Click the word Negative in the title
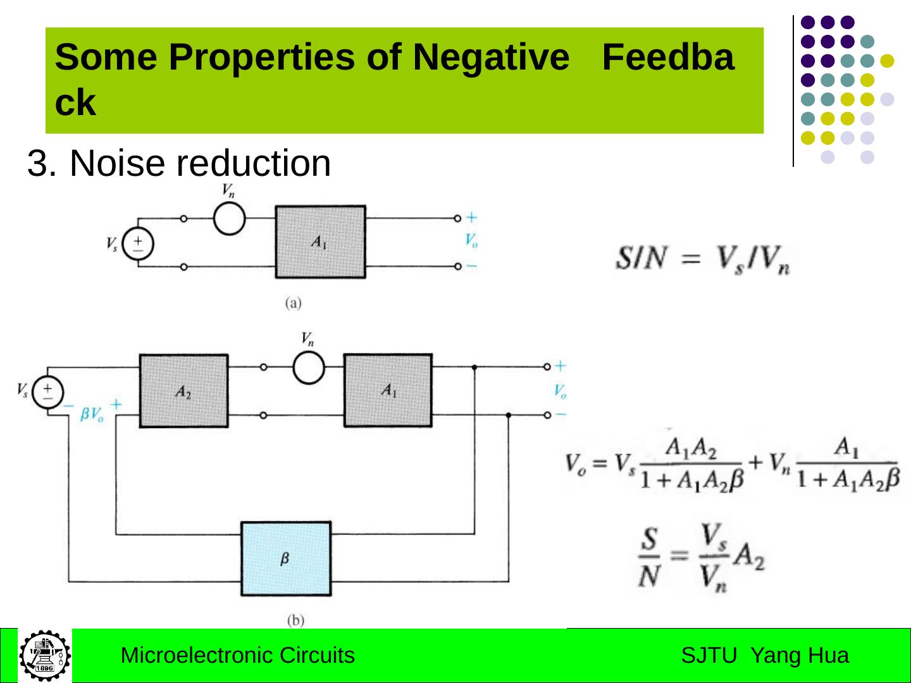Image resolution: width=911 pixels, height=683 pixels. coord(490,58)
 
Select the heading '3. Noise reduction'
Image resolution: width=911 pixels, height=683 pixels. coord(179,163)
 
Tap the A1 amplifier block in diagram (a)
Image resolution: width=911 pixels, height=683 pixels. coord(320,242)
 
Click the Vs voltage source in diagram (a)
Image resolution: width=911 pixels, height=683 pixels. coord(137,243)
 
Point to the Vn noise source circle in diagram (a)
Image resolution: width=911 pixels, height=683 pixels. coord(229,218)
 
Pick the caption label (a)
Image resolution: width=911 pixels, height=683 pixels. coord(293,304)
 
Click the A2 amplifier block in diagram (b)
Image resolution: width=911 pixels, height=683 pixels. coord(183,391)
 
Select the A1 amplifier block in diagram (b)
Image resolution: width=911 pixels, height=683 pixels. coord(388,390)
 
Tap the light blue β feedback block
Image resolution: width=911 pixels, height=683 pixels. coord(285,558)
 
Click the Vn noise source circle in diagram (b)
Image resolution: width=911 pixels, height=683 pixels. coord(309,367)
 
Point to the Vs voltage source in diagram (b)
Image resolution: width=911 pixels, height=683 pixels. coord(48,392)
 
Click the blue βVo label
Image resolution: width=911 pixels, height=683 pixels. coord(92,415)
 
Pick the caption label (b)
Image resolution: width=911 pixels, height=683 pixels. coord(295,620)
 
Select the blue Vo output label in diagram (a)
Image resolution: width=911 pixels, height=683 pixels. coord(471,241)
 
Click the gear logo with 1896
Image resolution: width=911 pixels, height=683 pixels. coord(44,655)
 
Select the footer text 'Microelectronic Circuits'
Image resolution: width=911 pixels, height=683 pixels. coord(237,655)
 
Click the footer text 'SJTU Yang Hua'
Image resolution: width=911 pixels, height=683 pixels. coord(765,655)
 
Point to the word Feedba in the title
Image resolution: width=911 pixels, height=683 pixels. coord(667,58)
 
